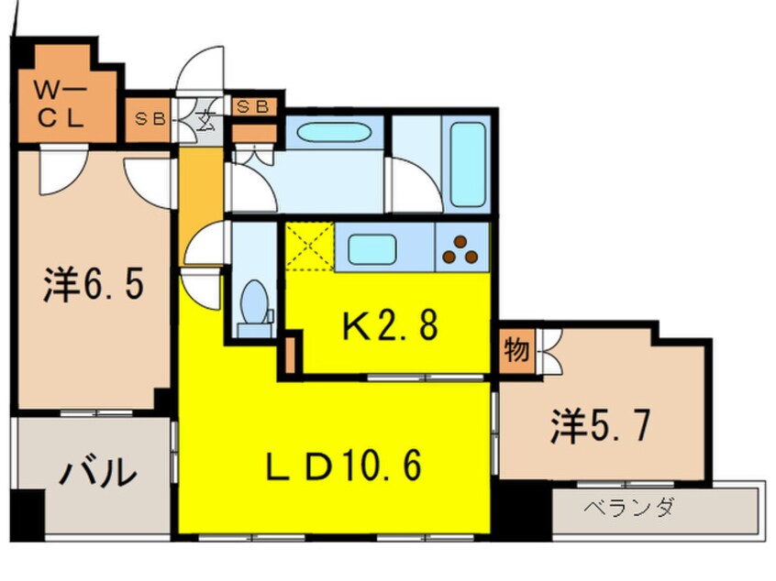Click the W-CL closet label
pyautogui.click(x=61, y=104)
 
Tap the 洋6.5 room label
pyautogui.click(x=93, y=285)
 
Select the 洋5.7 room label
pyautogui.click(x=601, y=426)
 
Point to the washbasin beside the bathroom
pyautogui.click(x=333, y=130)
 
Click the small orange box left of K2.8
pyautogui.click(x=291, y=356)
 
